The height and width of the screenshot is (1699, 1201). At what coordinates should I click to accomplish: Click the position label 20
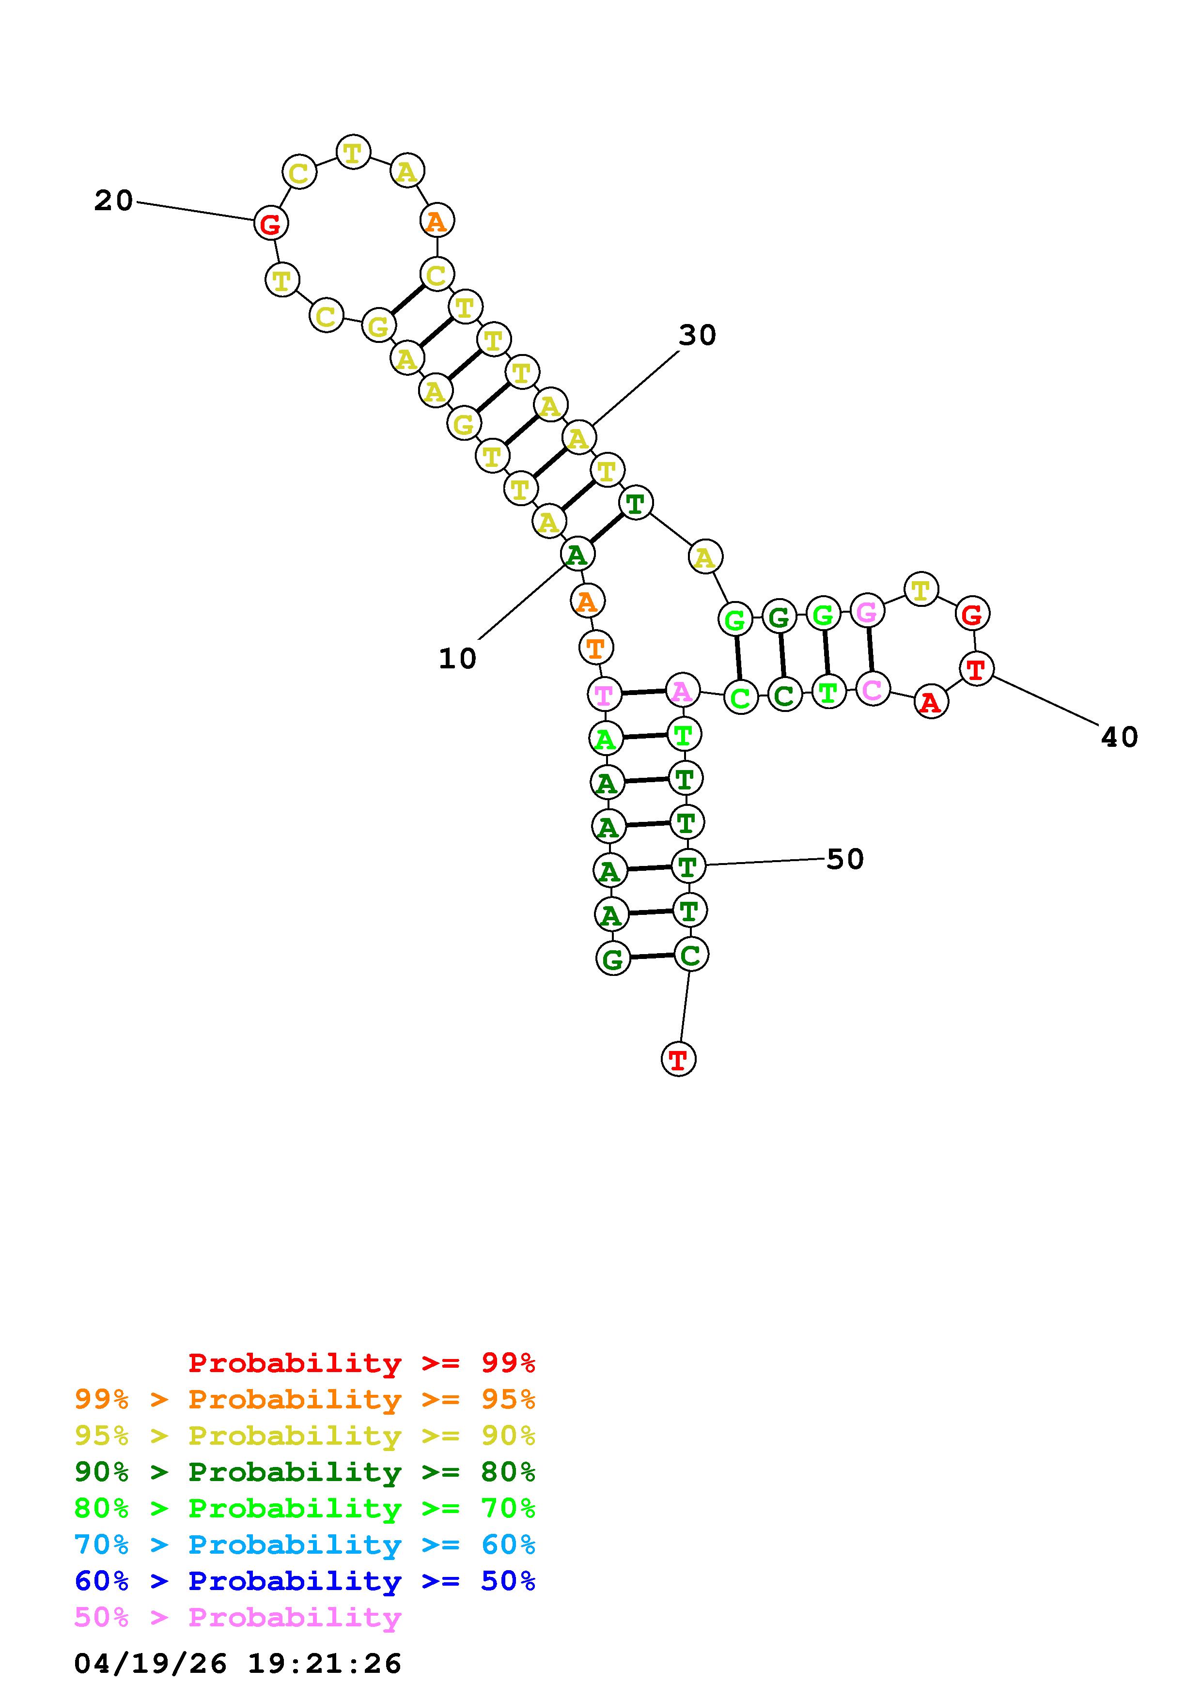coord(113,201)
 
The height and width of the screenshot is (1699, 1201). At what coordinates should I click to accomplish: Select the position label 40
coord(1119,737)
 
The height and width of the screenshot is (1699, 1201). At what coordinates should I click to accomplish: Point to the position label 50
coord(845,859)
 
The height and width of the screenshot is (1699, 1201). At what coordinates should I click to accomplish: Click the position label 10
coord(457,659)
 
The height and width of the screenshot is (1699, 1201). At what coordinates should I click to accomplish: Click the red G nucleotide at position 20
coord(271,223)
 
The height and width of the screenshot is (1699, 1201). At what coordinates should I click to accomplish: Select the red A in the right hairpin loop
coord(931,701)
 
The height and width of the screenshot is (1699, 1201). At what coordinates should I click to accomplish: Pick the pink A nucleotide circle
coord(682,691)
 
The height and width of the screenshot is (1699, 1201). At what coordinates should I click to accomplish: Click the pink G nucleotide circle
coord(867,611)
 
